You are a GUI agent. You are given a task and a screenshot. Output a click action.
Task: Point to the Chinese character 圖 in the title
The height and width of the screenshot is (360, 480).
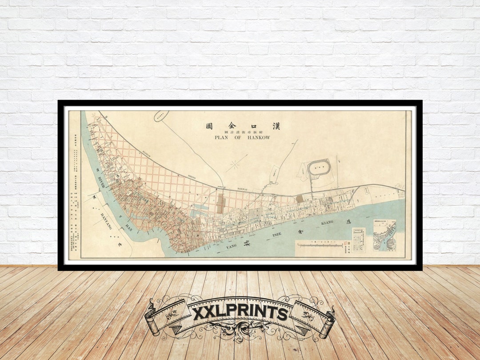209,126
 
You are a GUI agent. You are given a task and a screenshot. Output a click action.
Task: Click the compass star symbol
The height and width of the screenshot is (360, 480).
234,165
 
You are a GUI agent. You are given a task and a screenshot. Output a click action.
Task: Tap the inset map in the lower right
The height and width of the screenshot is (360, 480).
384,236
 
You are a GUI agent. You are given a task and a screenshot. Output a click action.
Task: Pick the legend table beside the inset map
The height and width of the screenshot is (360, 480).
359,240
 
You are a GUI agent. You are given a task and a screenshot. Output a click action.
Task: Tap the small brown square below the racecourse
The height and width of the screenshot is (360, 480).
300,199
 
